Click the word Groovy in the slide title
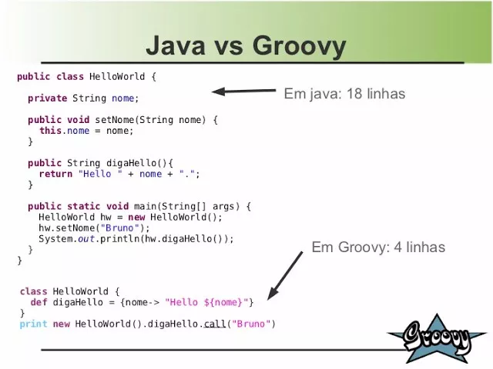tap(299, 47)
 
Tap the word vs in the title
tap(229, 47)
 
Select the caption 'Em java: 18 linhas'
tap(344, 93)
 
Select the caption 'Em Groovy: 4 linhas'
tap(378, 247)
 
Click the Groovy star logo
tap(437, 338)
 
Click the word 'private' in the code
tap(48, 98)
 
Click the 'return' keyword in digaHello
tap(55, 174)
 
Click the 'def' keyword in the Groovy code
tap(39, 302)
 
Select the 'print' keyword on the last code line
tap(33, 324)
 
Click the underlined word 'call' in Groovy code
tap(215, 324)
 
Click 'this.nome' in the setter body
tap(64, 131)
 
